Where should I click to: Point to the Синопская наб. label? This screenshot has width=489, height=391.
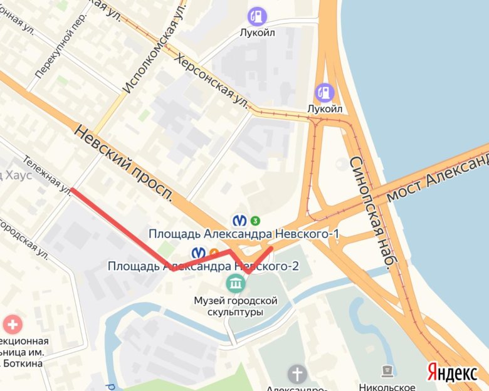[370, 213]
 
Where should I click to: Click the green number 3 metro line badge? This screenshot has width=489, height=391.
[255, 221]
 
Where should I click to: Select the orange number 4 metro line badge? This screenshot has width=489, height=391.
[214, 253]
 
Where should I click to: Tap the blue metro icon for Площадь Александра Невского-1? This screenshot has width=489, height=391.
[239, 221]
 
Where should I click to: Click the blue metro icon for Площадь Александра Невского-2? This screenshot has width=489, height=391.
[199, 253]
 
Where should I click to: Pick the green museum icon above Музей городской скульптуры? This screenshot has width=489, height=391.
[236, 284]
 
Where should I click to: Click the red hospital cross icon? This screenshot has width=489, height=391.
[12, 325]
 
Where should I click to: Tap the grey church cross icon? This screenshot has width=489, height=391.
[297, 374]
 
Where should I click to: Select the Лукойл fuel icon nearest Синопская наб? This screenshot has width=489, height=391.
[324, 92]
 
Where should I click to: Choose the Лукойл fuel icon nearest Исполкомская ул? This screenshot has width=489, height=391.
[256, 16]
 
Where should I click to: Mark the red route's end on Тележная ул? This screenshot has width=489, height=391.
[73, 189]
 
